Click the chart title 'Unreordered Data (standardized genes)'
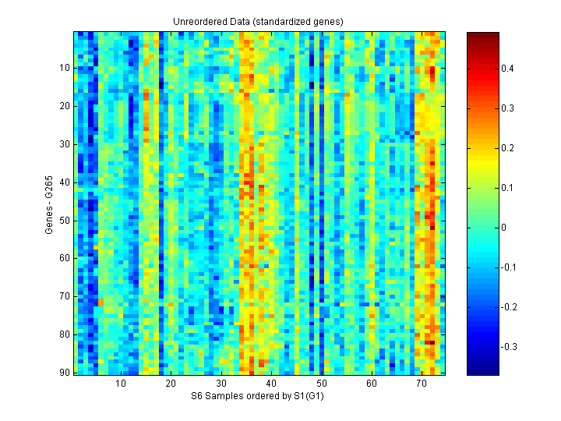coord(258,21)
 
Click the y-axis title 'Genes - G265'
coord(49,203)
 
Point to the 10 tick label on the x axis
coord(121,384)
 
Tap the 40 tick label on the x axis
coord(271,384)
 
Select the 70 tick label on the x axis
coord(422,384)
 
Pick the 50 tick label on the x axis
coord(321,384)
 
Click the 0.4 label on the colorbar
coord(507,69)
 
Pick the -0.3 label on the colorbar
coord(509,347)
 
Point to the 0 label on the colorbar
coord(505,228)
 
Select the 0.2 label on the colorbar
coord(507,148)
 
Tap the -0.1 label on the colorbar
coord(509,267)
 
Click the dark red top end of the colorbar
coord(482,35)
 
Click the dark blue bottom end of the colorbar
coord(482,372)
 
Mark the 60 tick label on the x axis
coord(372,384)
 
